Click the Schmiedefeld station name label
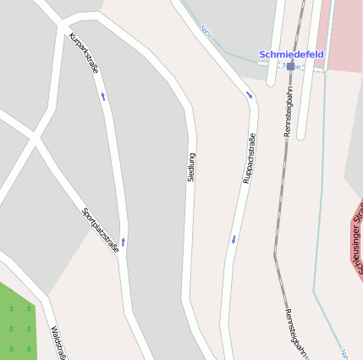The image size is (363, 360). point(291,54)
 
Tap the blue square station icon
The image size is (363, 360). point(291,66)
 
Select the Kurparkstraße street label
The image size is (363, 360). point(83,53)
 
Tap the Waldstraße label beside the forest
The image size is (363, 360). point(58,342)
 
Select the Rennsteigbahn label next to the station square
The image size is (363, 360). point(289,110)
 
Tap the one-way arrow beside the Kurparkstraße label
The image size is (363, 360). point(103,97)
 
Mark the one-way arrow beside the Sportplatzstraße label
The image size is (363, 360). point(124,242)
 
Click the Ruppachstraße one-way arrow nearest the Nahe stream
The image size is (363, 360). point(249,94)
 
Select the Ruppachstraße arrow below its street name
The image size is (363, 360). point(234,240)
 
